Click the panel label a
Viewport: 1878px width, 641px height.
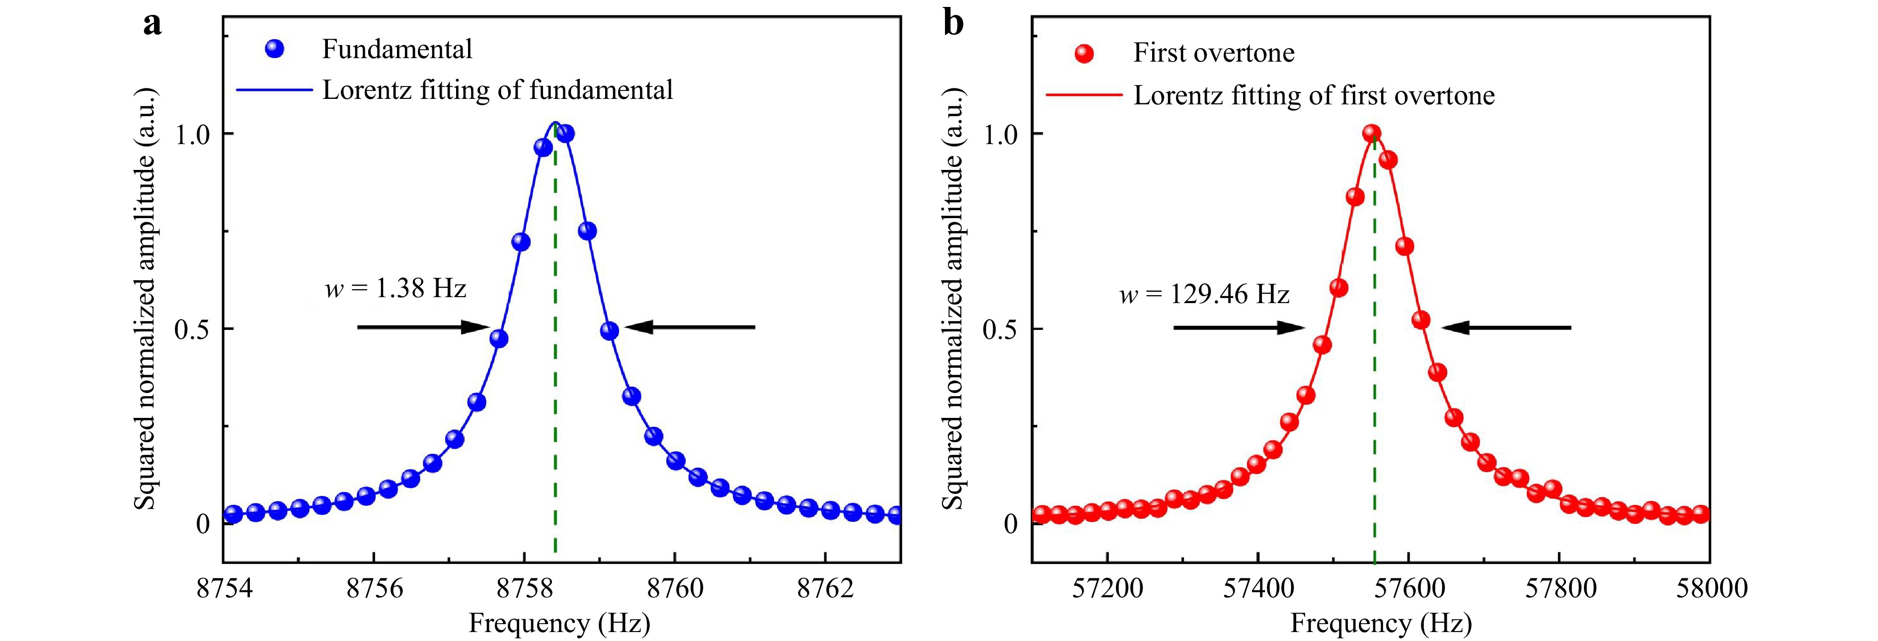tap(153, 25)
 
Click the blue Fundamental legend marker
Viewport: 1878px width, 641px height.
tap(275, 49)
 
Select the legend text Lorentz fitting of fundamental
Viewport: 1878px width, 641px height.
tap(497, 90)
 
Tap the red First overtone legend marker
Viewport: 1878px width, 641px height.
tap(1084, 53)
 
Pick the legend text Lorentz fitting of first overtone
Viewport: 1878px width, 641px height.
tap(1314, 95)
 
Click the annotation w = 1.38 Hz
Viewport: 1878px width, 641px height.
tap(395, 289)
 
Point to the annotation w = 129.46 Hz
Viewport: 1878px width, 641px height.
tap(1204, 294)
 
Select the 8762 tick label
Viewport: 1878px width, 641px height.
tap(825, 588)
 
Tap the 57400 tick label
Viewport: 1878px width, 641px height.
tap(1258, 588)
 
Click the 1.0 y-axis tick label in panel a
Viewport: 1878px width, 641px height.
tap(192, 134)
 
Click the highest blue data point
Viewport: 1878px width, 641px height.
tap(565, 134)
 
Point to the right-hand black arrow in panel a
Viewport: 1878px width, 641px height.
tap(690, 327)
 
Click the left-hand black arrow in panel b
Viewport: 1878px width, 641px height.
tap(1239, 327)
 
